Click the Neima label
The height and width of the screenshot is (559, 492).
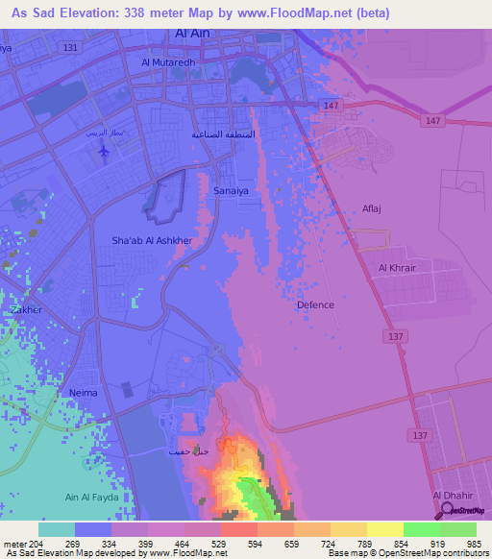click(84, 393)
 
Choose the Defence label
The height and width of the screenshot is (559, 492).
click(315, 304)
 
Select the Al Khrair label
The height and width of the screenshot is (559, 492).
click(397, 268)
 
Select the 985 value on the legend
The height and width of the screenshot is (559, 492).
click(474, 543)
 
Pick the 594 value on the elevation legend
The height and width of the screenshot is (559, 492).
click(256, 543)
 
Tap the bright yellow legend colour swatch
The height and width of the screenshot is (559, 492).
click(384, 529)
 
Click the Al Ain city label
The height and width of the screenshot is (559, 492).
click(194, 34)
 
